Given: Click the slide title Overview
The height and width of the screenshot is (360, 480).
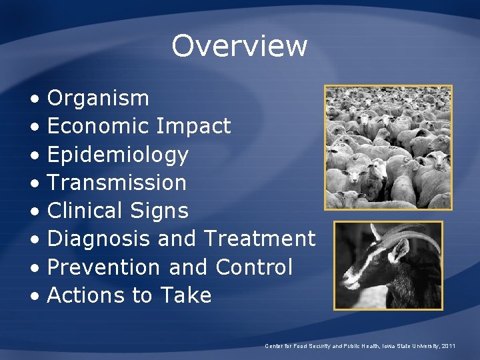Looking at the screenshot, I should coord(239,46).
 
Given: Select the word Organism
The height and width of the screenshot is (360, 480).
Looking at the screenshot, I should coord(98,98).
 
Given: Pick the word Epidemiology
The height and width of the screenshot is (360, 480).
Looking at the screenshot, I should coord(118,155).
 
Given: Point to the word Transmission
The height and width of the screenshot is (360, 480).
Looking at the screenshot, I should coord(117,182).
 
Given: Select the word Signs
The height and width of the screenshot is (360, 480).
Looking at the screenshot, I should coord(161,211).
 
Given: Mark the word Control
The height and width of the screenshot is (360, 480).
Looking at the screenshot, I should coord(254,267).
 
